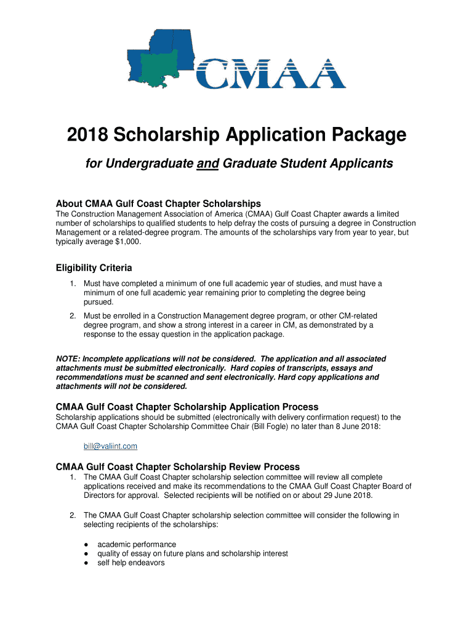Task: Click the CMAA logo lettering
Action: (271, 74)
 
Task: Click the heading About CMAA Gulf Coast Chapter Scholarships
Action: (158, 203)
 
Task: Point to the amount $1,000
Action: (126, 242)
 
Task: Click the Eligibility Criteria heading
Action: (94, 268)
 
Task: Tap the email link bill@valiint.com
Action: (110, 446)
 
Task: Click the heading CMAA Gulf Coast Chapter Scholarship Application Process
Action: (187, 407)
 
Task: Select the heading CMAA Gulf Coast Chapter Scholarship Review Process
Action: (178, 466)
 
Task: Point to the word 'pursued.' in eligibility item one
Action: (98, 302)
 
